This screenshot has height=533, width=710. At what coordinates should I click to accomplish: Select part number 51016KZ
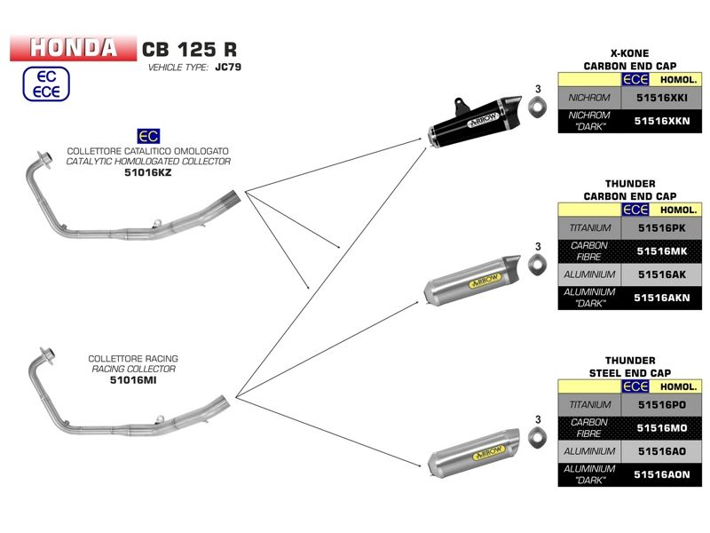coord(148,173)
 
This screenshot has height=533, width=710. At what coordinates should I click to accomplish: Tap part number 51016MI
coord(132,380)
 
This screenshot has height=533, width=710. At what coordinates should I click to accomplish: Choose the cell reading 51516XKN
coord(663,121)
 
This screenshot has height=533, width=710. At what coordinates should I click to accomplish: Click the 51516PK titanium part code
coord(663,227)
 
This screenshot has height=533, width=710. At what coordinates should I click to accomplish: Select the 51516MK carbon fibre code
coord(663,251)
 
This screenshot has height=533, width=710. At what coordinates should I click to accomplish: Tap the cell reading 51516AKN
coord(663,298)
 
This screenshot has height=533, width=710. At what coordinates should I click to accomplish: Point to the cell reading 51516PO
coord(663,404)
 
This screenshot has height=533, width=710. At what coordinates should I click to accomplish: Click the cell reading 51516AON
coord(663,475)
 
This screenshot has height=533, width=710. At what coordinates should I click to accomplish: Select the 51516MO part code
coord(663,428)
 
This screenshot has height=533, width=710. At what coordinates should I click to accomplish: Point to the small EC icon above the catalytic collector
coord(148,136)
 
